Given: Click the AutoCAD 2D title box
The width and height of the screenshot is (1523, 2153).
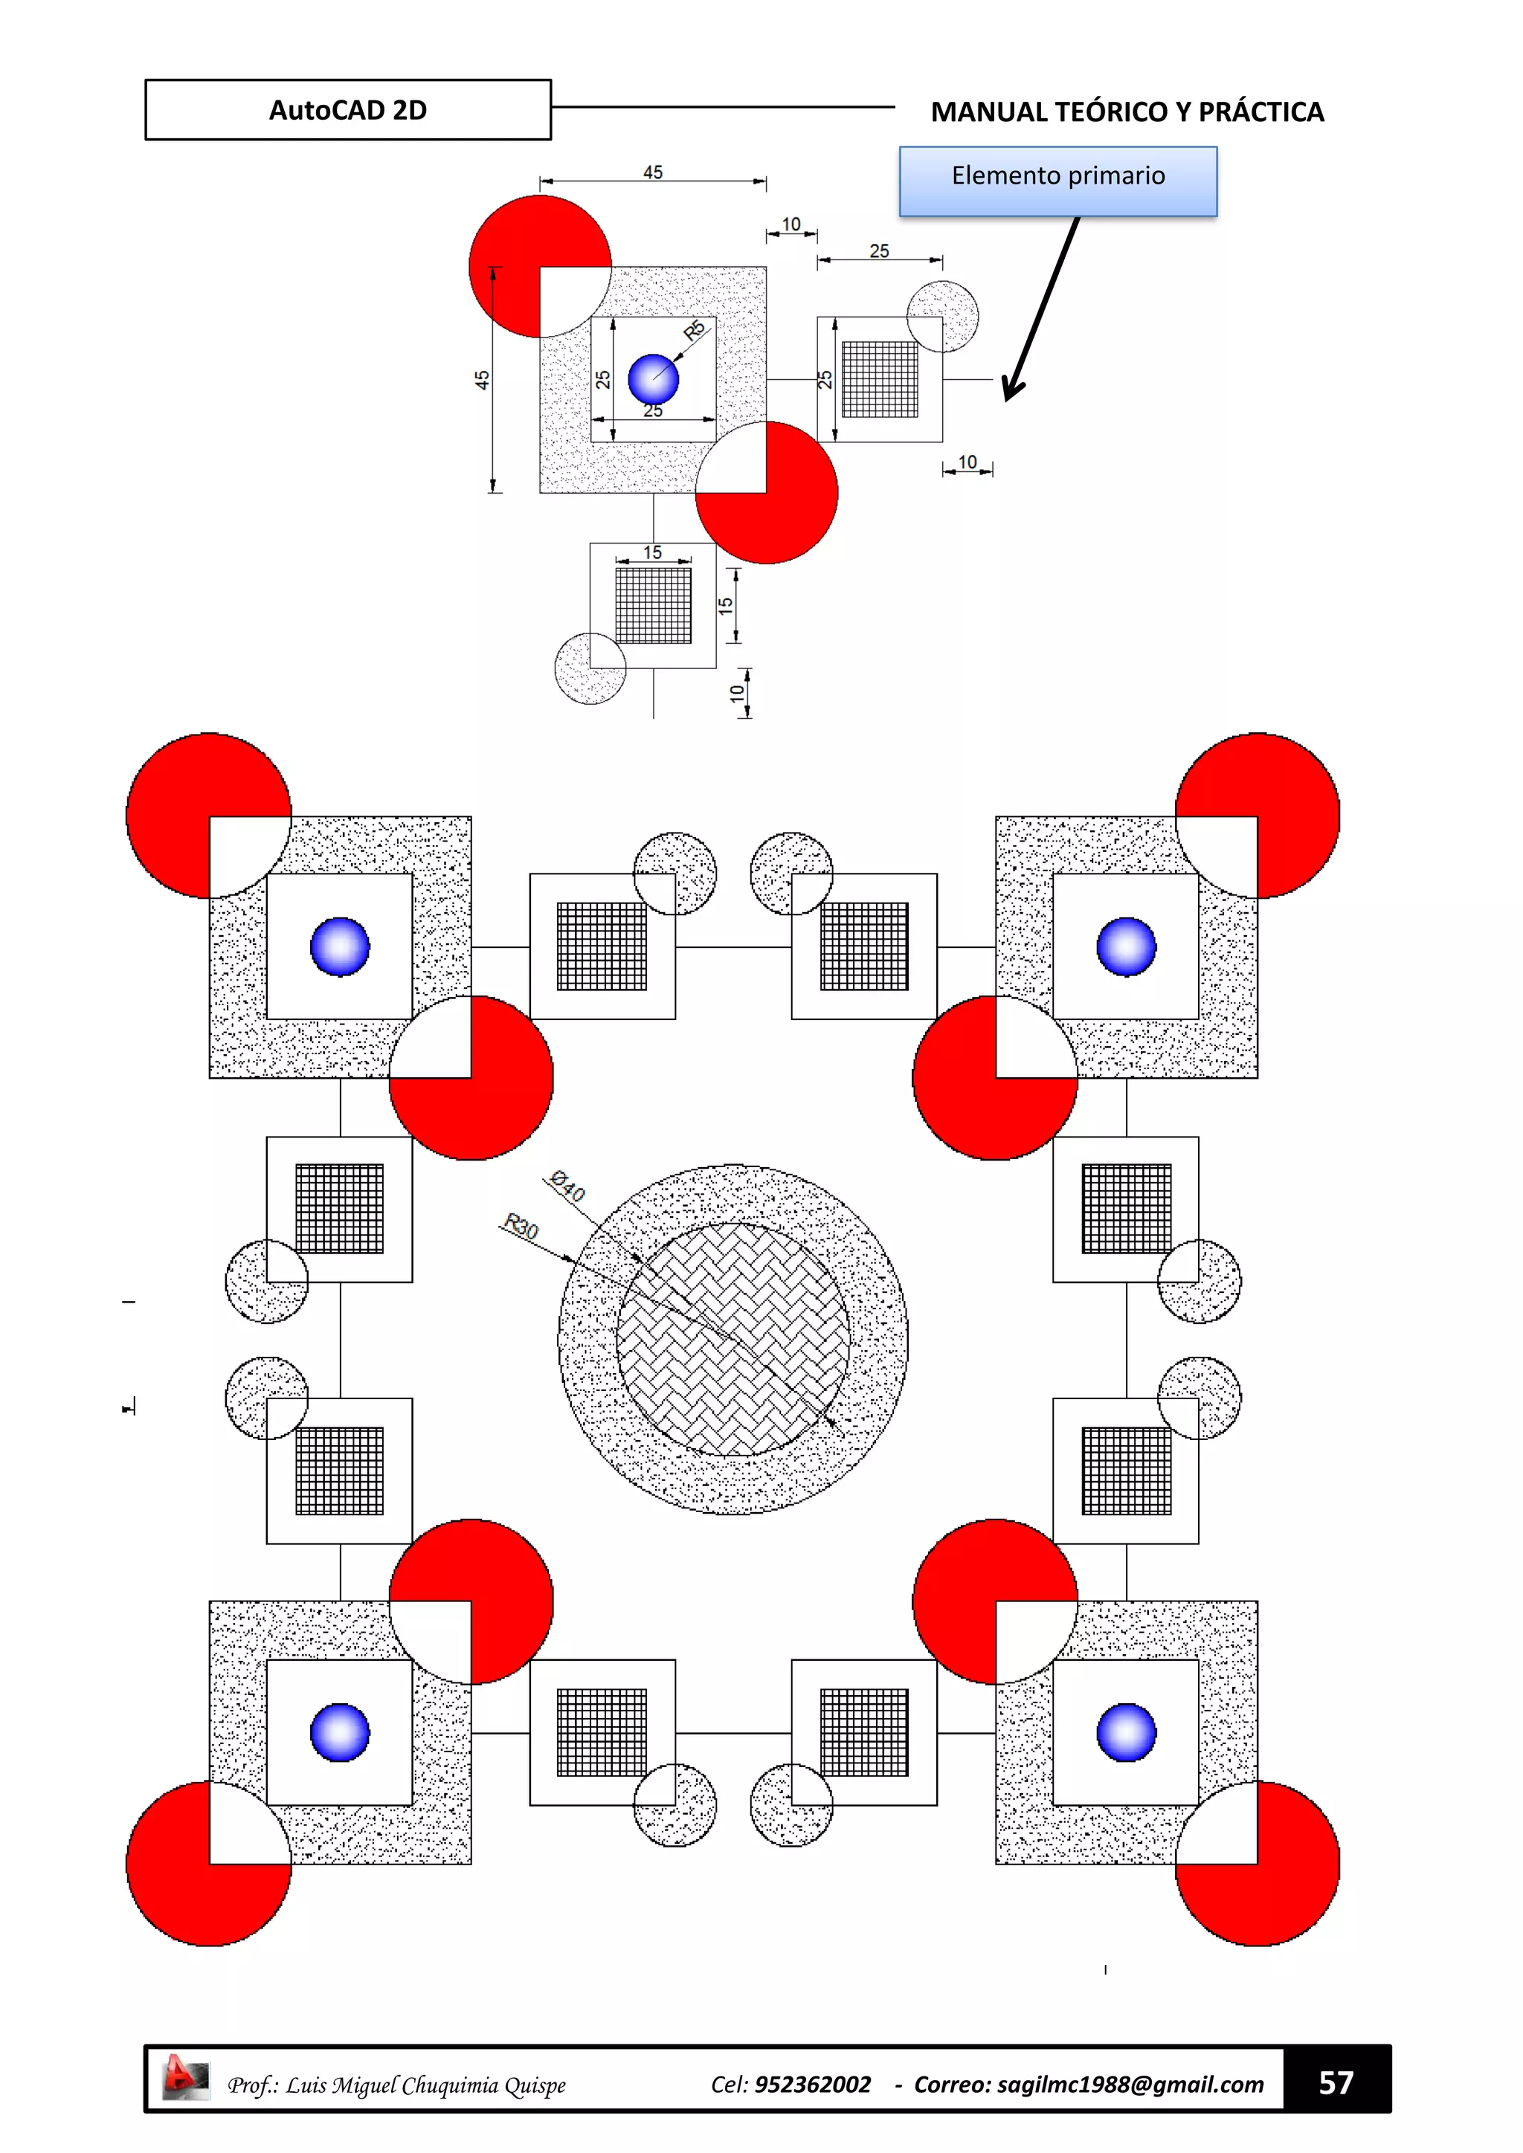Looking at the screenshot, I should (x=348, y=110).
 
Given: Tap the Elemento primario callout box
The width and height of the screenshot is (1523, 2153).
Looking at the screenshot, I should (x=1058, y=180).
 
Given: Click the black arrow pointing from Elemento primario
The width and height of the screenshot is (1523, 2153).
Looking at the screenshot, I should (x=1041, y=309).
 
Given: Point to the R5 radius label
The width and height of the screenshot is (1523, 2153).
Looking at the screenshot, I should (x=694, y=330).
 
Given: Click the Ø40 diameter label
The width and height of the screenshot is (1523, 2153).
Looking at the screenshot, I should (x=567, y=1187).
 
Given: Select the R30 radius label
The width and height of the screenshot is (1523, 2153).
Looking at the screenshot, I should (x=521, y=1226).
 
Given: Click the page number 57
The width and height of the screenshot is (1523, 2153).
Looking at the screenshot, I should (x=1336, y=2082).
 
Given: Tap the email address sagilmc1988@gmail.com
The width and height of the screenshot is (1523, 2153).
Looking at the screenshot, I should (x=1130, y=2085).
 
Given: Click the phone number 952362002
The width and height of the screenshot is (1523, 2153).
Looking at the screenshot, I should (x=812, y=2085).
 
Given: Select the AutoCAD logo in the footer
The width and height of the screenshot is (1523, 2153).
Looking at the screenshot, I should (x=184, y=2077).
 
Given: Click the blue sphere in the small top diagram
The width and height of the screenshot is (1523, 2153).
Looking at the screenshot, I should (x=653, y=379).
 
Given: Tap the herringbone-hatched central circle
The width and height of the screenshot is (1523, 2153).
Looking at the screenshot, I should (x=732, y=1339).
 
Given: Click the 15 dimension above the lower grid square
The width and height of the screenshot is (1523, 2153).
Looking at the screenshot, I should (x=653, y=552).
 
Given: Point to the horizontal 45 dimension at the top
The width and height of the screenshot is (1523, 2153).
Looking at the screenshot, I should (x=653, y=172).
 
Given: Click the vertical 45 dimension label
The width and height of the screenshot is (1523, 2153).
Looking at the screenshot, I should (x=482, y=380).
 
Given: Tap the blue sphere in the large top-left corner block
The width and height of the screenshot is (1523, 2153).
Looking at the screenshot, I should (x=340, y=946).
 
